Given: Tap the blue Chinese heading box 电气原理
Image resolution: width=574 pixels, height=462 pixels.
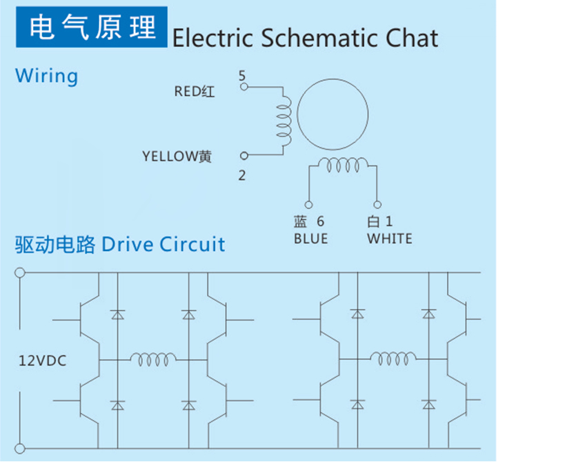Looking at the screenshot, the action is [x=92, y=27].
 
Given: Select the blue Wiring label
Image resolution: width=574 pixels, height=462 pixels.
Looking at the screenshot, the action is [x=46, y=77].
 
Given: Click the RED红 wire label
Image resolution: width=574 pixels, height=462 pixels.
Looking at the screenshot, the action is [x=195, y=92].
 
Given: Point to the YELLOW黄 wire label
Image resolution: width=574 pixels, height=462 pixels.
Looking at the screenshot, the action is [x=177, y=157].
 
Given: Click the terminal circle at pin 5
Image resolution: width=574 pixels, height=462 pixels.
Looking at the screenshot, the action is [x=244, y=87].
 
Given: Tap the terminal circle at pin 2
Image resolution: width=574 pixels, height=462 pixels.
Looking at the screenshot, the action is [x=244, y=156].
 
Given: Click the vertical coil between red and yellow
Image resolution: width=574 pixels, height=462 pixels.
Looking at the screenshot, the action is [x=285, y=121].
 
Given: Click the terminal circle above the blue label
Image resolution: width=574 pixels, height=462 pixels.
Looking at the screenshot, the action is [x=308, y=205].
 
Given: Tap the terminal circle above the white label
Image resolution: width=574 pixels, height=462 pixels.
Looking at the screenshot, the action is [x=377, y=205].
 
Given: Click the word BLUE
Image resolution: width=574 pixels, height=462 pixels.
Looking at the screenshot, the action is [x=310, y=239].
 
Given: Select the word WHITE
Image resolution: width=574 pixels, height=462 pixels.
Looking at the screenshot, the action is [x=390, y=239].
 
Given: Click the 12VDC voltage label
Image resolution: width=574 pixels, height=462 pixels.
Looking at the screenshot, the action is [x=43, y=361].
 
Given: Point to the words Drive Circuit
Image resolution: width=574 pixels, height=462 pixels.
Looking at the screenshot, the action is [x=164, y=244].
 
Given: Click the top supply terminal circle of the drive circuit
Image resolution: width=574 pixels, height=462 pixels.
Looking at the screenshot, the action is [x=20, y=272].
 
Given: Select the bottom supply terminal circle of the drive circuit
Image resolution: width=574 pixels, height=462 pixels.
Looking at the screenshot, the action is [x=20, y=448].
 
